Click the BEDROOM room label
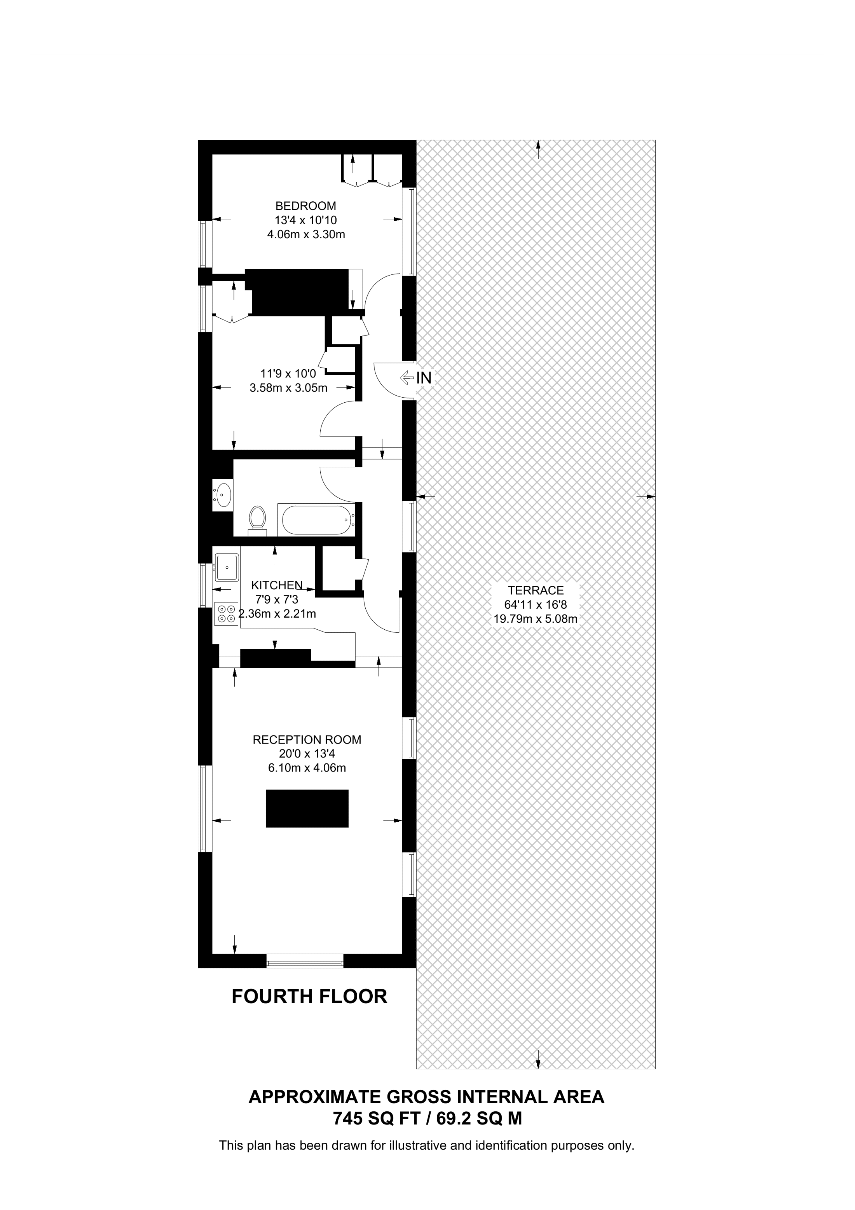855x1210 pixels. click(x=305, y=206)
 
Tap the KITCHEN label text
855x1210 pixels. click(x=277, y=585)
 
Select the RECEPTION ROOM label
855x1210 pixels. click(x=307, y=739)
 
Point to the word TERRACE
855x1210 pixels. click(x=535, y=590)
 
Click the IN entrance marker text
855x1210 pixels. click(x=424, y=378)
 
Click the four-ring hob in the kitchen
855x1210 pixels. click(x=227, y=614)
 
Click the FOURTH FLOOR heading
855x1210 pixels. click(x=309, y=997)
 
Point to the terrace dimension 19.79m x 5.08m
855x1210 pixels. click(x=535, y=619)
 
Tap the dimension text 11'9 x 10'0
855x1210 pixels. click(x=288, y=374)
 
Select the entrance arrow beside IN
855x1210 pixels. click(x=407, y=377)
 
